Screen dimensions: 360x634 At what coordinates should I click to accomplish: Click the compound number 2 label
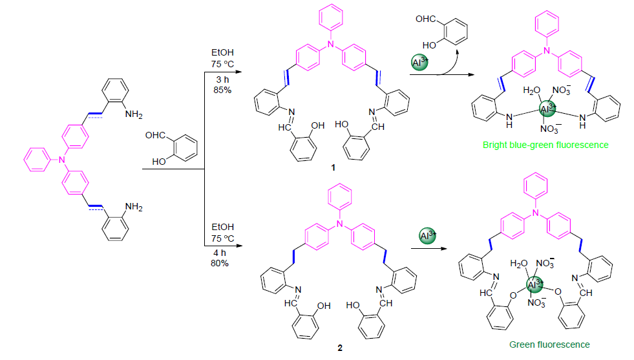point(341,348)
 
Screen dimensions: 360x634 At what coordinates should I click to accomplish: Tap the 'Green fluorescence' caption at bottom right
point(550,344)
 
